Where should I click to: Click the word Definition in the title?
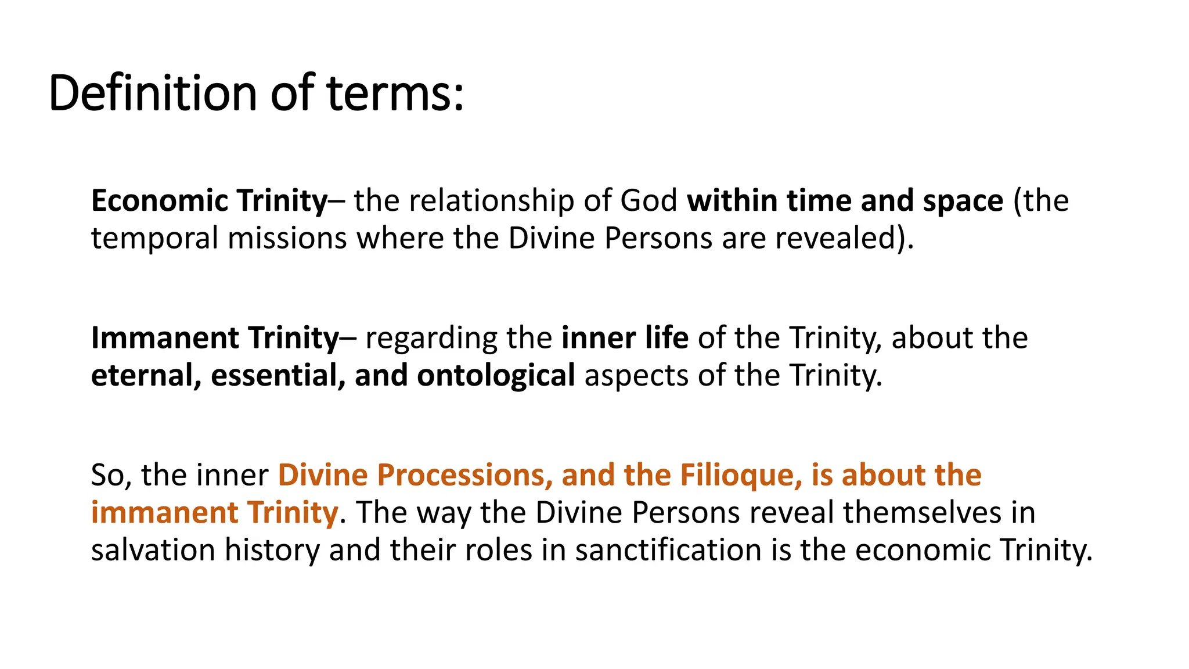(x=153, y=93)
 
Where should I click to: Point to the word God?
(x=648, y=201)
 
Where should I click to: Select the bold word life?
(x=668, y=338)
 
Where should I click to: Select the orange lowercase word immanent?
(x=164, y=512)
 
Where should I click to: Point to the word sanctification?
(x=668, y=549)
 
